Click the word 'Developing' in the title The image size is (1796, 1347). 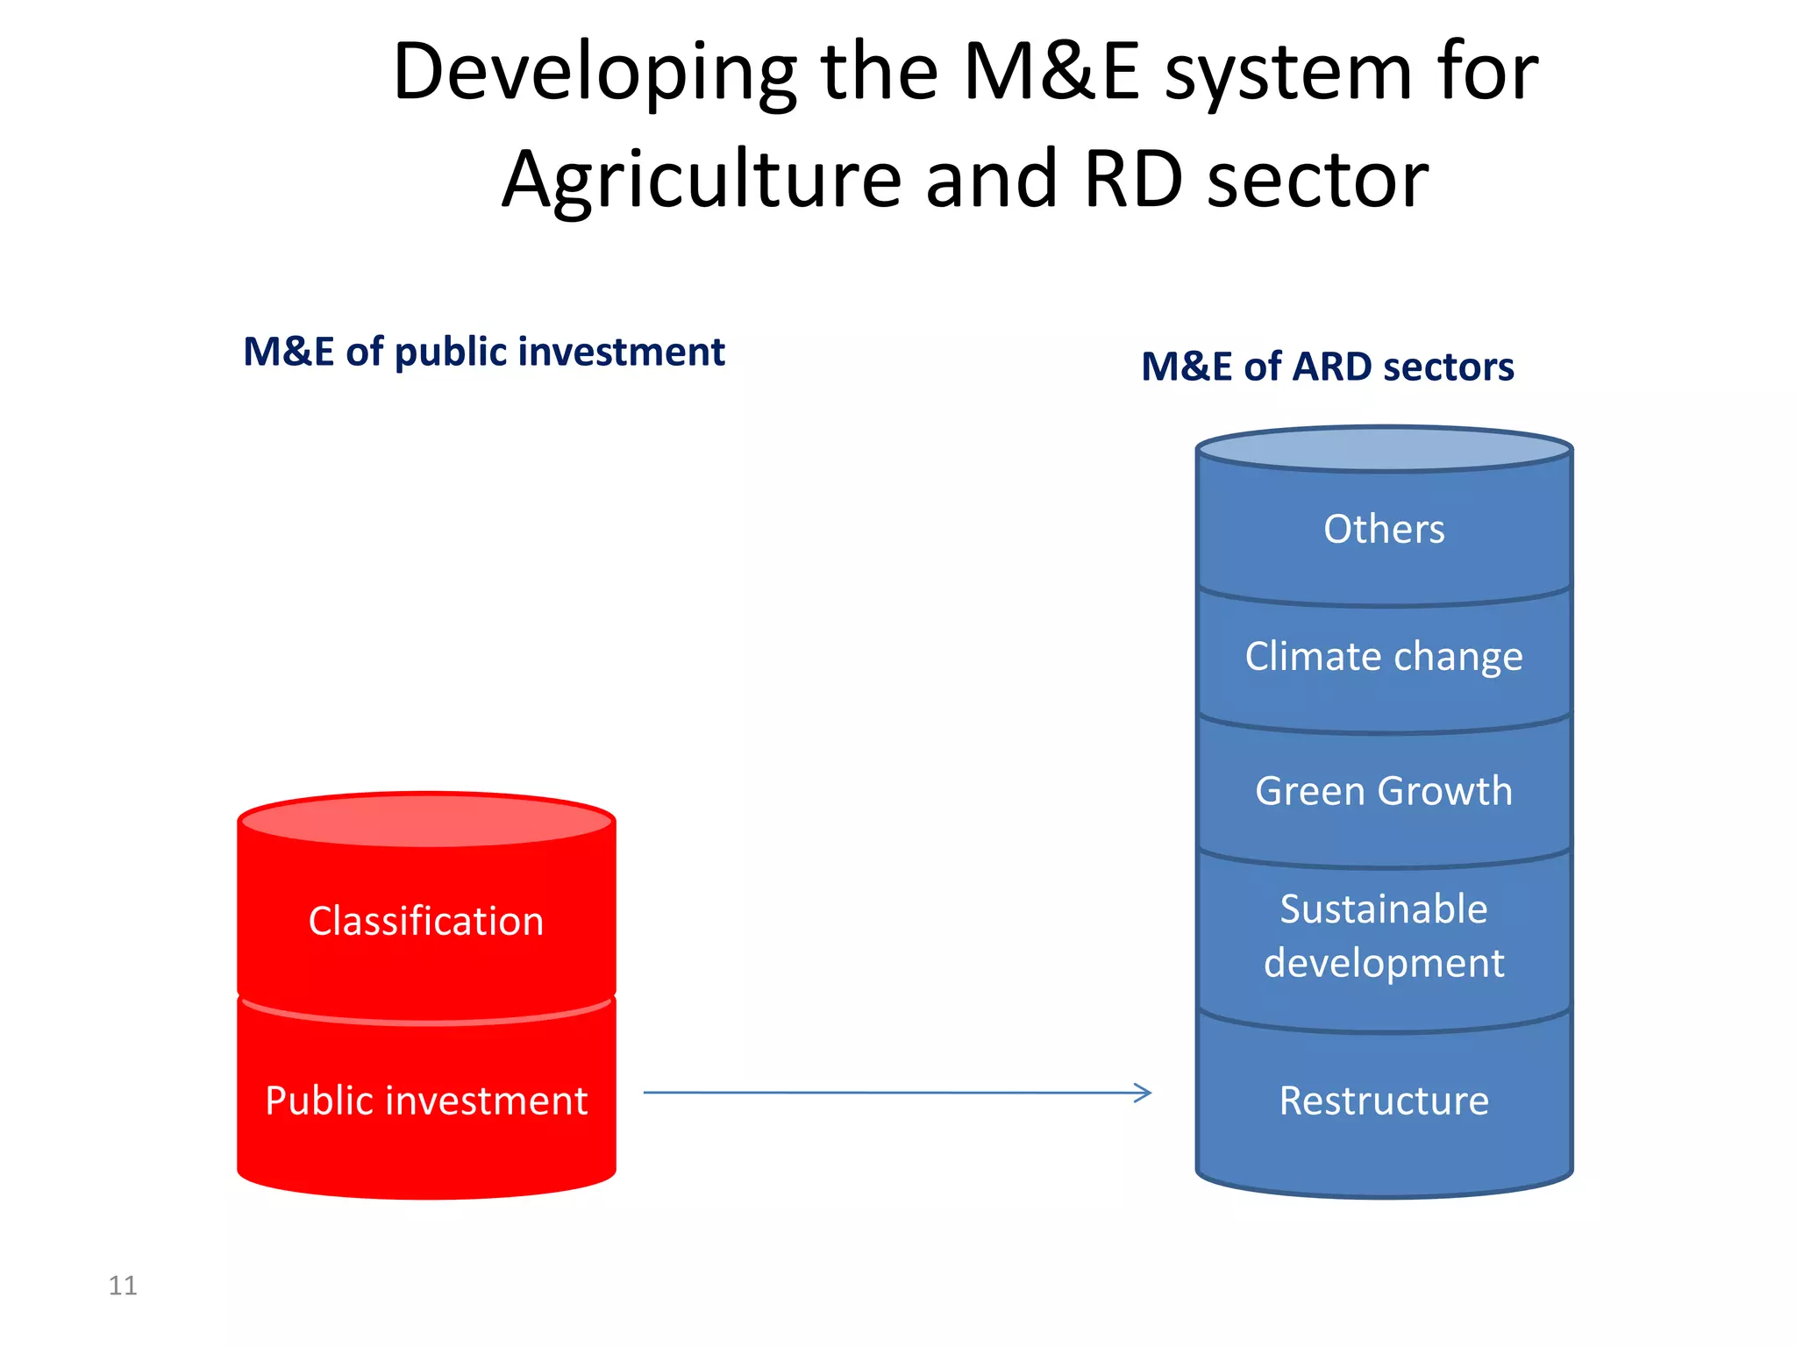[595, 74]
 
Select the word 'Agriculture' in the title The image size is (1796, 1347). [702, 181]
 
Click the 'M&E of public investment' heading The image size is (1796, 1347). [483, 352]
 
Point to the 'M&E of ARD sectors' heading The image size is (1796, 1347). [1327, 367]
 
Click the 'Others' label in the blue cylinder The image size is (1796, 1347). [1384, 530]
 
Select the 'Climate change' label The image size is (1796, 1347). [1384, 657]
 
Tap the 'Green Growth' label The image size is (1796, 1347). [1384, 791]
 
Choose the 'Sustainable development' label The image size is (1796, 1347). [1384, 936]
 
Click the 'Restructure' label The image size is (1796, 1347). [1384, 1101]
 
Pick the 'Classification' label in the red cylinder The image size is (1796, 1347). [426, 922]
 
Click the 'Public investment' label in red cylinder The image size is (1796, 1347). [426, 1101]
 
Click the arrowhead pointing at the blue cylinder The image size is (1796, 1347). [1143, 1093]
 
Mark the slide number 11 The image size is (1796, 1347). [123, 1286]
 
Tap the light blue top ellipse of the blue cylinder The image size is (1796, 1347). [1384, 450]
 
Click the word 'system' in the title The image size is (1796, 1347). [1287, 74]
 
